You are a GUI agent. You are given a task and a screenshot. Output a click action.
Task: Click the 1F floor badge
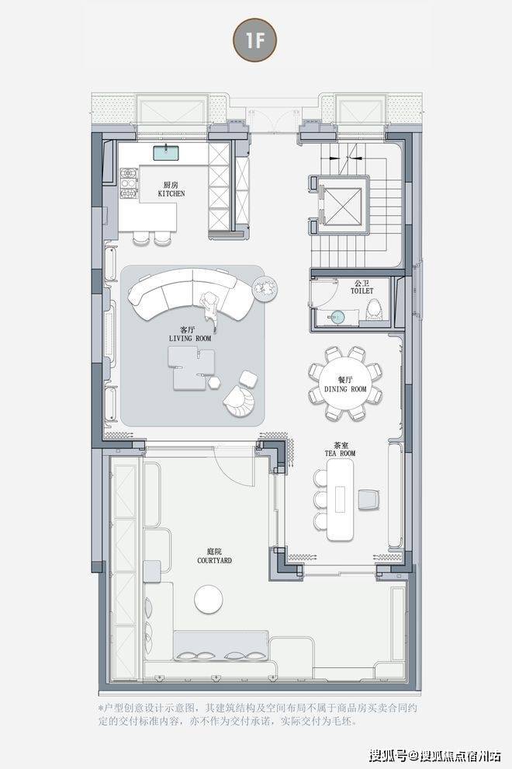[254, 40]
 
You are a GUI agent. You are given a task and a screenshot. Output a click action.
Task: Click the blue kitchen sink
[165, 152]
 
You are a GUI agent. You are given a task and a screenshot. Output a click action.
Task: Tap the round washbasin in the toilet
[337, 317]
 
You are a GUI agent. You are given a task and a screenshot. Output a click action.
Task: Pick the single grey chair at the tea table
[368, 499]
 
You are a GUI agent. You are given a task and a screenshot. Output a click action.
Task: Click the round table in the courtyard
[209, 599]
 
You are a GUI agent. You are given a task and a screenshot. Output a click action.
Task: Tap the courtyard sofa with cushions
[221, 645]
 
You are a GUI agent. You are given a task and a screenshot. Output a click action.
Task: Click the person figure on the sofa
[211, 308]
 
